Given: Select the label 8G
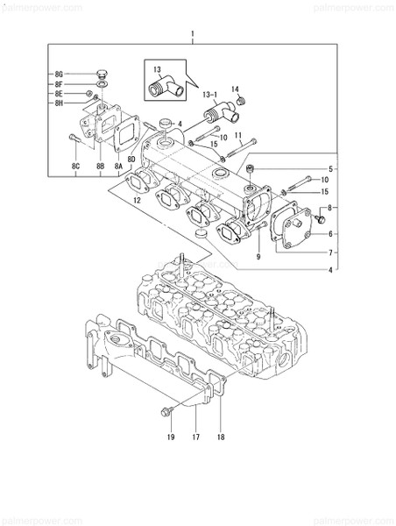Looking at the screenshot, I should tap(59, 74).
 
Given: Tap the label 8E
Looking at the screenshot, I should tap(59, 93).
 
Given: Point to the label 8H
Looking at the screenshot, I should tap(59, 103).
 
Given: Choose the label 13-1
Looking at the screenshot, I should tap(209, 91).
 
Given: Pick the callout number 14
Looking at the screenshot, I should tap(234, 89).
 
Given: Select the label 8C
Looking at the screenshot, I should tap(76, 165).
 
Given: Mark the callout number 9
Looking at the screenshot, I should tap(258, 256).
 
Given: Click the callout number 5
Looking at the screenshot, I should tap(330, 167).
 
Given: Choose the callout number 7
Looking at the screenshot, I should tap(330, 252).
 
